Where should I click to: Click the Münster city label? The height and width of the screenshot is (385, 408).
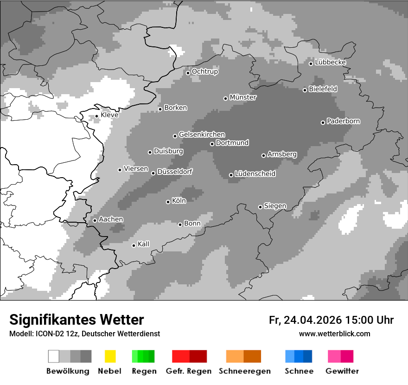(243, 97)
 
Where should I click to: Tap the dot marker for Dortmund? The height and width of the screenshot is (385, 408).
(212, 144)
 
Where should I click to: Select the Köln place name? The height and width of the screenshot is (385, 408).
(179, 201)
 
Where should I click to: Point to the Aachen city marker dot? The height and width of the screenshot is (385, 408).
(95, 220)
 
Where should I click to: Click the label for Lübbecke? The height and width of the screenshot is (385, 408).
(331, 62)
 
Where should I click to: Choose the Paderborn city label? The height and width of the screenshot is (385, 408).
(344, 121)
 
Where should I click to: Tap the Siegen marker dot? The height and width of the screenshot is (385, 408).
(260, 207)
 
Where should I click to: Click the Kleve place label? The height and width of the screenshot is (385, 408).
(109, 115)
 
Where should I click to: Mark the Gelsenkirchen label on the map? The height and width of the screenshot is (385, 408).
(202, 135)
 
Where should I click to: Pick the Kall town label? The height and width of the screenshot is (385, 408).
(144, 244)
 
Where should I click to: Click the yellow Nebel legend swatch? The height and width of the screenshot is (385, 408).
(110, 356)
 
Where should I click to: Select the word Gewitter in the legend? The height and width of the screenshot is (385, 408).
(342, 371)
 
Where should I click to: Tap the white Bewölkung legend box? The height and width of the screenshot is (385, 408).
(54, 356)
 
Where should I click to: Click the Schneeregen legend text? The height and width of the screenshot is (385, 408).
(245, 371)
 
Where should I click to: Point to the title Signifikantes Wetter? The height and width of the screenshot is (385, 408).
(76, 320)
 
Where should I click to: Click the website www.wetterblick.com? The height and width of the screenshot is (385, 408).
(335, 334)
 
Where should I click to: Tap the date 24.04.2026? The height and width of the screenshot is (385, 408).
(312, 320)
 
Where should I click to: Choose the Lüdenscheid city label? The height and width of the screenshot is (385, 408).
(255, 173)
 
